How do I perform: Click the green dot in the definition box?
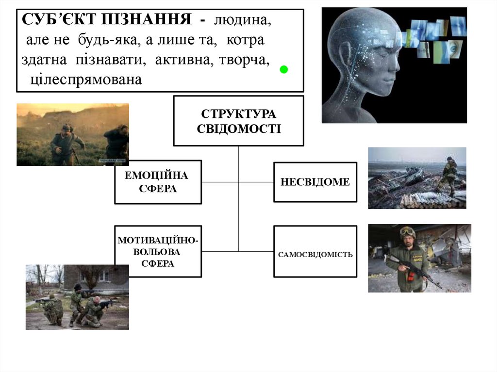coord(284,70)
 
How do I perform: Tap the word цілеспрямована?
coord(86,79)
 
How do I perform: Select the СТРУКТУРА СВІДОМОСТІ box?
coord(238,121)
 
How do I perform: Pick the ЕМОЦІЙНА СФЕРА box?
coord(158,182)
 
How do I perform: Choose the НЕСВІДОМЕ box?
coord(315,182)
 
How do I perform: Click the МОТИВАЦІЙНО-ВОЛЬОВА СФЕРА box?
coord(158,251)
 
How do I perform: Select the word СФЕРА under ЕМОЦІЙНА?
coord(158,189)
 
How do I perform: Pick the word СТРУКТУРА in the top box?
coord(238,114)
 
